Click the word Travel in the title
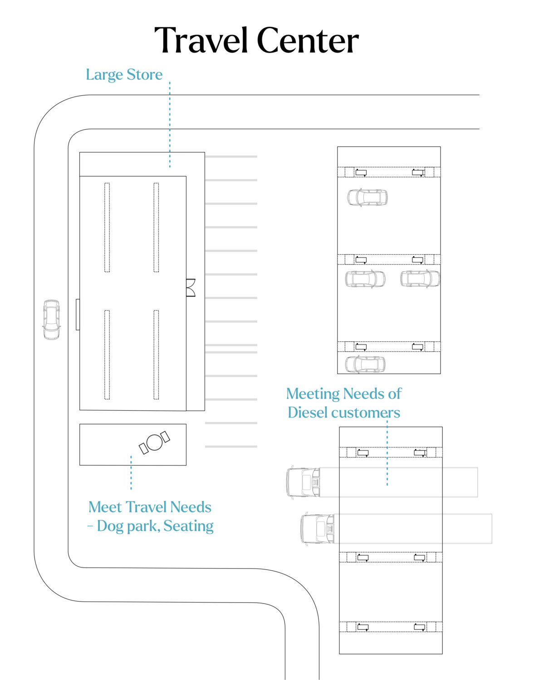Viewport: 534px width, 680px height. (202, 41)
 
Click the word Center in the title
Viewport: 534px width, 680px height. (308, 41)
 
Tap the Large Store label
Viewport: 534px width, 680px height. (124, 75)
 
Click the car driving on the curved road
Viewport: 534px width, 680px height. (51, 319)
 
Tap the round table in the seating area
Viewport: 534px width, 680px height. (155, 442)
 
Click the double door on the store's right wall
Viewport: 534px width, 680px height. (191, 288)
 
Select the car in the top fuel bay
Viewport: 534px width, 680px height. (367, 198)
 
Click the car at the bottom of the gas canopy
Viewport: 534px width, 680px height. (365, 364)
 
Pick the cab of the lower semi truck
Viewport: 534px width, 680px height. (318, 529)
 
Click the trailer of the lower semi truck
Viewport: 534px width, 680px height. (413, 529)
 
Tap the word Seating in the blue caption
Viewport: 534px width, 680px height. (188, 526)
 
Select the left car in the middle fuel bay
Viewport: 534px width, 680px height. (365, 279)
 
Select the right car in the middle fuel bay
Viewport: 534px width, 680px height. (420, 279)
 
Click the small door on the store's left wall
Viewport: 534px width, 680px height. (78, 314)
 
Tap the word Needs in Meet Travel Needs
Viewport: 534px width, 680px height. (191, 507)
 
